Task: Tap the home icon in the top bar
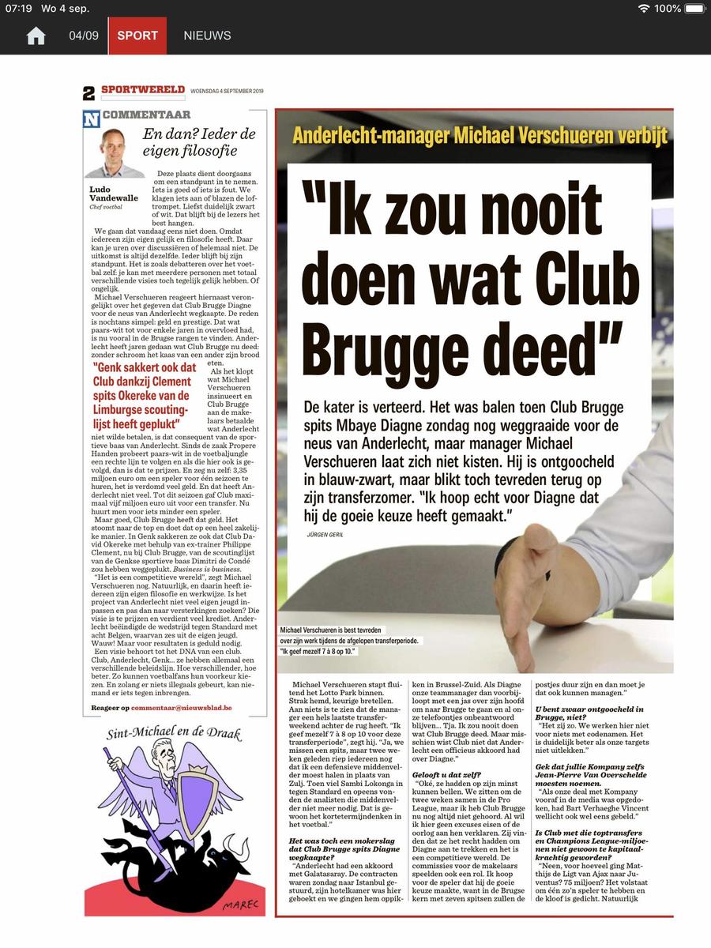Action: pyautogui.click(x=36, y=36)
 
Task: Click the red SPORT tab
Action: pyautogui.click(x=137, y=36)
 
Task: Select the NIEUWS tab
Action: pyautogui.click(x=207, y=36)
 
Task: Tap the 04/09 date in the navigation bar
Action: pyautogui.click(x=84, y=36)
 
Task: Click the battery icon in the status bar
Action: pyautogui.click(x=694, y=9)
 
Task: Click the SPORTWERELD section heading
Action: pyautogui.click(x=143, y=90)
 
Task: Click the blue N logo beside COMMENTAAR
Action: pyautogui.click(x=92, y=118)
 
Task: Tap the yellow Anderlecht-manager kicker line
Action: pyautogui.click(x=480, y=135)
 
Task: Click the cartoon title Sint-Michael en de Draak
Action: pyautogui.click(x=174, y=733)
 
